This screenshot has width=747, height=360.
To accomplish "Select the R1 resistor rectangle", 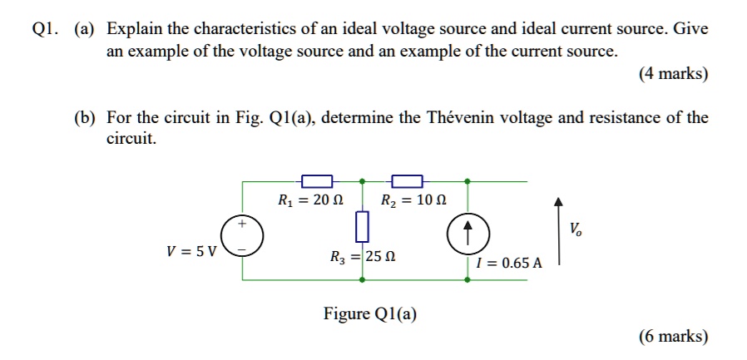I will click(x=317, y=180).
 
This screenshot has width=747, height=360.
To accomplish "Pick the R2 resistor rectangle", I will click(x=407, y=180).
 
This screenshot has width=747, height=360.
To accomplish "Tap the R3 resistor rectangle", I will click(x=361, y=224).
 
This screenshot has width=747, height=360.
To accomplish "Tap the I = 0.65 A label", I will click(x=510, y=263).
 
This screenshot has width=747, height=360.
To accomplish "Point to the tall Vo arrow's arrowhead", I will click(x=559, y=201).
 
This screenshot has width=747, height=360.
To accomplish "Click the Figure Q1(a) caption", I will click(x=370, y=313).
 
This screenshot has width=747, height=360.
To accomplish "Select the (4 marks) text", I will click(x=674, y=73).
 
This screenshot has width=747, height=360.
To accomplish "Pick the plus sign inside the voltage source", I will click(x=242, y=224).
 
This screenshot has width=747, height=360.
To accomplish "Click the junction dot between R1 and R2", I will click(x=361, y=180).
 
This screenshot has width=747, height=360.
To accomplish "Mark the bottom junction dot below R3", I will click(x=361, y=280).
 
